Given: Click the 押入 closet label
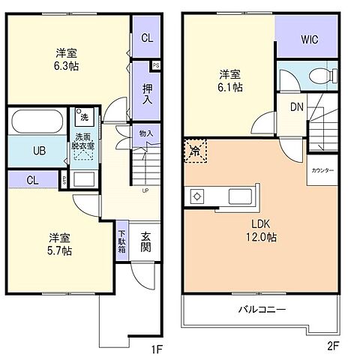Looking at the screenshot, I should [147, 93].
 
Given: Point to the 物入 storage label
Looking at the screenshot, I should [146, 134].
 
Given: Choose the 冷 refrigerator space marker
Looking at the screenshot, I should [194, 150].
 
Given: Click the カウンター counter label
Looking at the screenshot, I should [323, 171].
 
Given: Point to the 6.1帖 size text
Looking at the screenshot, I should [230, 87].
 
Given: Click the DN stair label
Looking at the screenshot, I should [296, 106].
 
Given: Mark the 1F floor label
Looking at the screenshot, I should [155, 349].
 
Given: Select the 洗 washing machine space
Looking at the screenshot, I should [84, 118].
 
